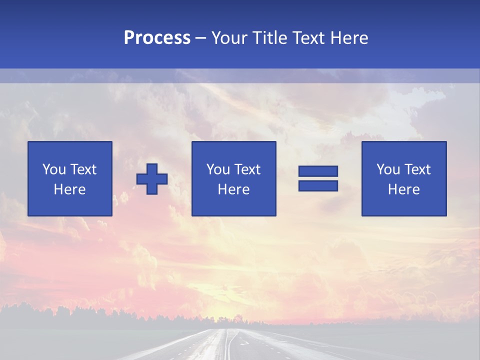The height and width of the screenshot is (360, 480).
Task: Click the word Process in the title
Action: [x=157, y=38]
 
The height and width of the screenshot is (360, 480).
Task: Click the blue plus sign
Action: [x=152, y=179]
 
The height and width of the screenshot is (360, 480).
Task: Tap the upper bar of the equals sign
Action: [x=318, y=171]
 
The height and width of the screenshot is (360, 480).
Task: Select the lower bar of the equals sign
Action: [x=318, y=186]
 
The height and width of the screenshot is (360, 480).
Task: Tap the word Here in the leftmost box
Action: [x=70, y=189]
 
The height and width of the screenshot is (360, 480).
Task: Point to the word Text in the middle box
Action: [x=248, y=169]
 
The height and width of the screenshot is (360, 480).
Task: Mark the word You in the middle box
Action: [x=217, y=169]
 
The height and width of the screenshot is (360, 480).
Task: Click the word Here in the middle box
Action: [x=234, y=189]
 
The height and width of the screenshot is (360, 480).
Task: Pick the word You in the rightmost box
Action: [x=387, y=169]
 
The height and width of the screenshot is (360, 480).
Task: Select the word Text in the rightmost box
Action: [x=418, y=169]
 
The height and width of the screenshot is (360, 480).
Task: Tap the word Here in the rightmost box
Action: [x=404, y=189]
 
